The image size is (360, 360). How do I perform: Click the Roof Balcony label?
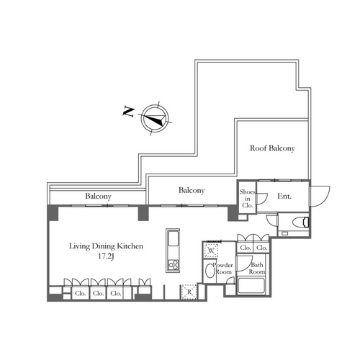[272, 148]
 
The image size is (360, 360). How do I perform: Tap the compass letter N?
[128, 112]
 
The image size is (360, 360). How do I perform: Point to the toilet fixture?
[301, 222]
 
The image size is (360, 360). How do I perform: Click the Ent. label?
[284, 197]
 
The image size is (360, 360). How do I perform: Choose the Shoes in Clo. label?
[248, 199]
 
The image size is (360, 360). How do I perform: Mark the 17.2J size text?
[106, 256]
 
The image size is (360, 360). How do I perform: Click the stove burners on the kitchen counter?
[173, 265]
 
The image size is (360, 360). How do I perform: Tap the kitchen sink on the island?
[173, 238]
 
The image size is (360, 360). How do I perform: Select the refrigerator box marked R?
[189, 292]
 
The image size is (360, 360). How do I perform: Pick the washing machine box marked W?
[211, 251]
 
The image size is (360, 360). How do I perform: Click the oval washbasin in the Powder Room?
[210, 270]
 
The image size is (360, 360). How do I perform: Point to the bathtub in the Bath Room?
[251, 286]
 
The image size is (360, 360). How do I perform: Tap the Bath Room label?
[257, 269]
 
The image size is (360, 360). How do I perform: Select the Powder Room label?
[223, 269]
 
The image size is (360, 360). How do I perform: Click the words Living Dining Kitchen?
[106, 246]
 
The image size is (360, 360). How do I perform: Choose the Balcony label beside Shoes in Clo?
[192, 191]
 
